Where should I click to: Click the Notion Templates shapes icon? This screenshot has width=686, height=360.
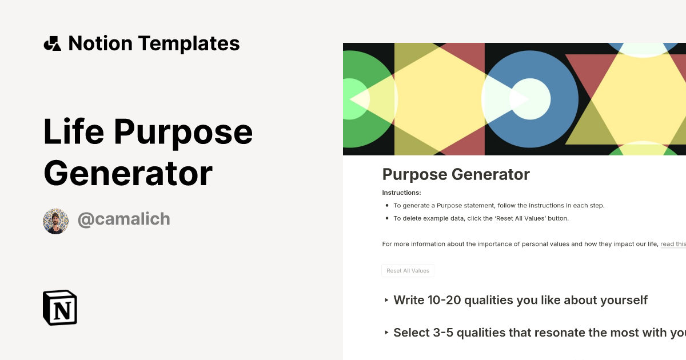tap(52, 43)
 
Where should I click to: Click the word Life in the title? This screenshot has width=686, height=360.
tap(74, 132)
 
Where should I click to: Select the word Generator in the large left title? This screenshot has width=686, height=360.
tap(128, 173)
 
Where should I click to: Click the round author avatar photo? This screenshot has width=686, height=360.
tap(55, 221)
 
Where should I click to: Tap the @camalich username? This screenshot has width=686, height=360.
tap(123, 219)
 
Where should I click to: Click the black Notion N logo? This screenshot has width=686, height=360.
tap(60, 307)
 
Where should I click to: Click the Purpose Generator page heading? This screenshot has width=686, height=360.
tap(456, 174)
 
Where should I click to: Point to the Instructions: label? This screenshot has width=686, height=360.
tap(401, 193)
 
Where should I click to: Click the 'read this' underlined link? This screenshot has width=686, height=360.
tap(673, 244)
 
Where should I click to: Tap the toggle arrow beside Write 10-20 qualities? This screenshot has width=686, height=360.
tap(387, 300)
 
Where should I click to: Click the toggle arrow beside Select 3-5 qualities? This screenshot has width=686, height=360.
tap(387, 333)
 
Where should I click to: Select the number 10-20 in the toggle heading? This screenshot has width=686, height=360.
tap(444, 300)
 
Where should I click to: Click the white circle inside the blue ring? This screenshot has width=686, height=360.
tap(530, 99)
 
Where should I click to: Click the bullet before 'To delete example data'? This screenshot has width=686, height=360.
tap(387, 218)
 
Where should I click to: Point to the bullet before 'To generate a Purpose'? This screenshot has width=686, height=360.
tap(387, 206)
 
